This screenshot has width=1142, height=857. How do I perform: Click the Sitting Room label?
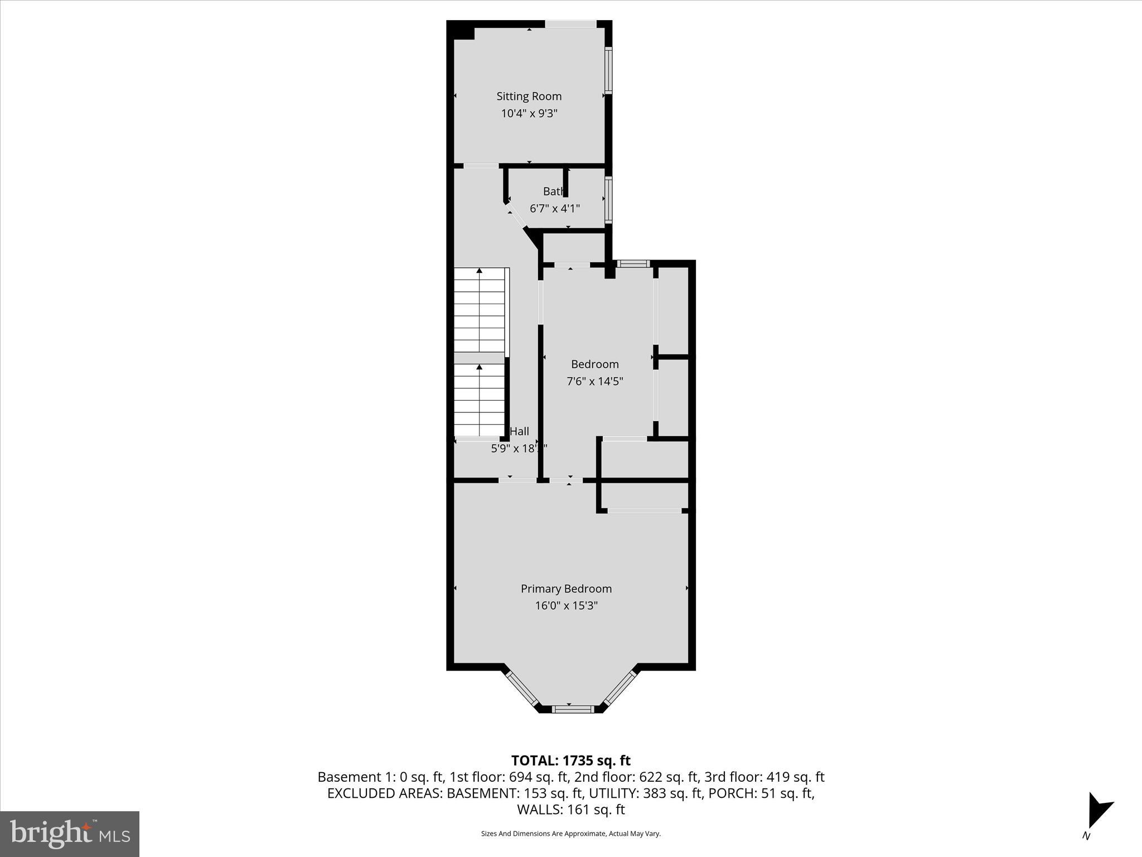coord(529,97)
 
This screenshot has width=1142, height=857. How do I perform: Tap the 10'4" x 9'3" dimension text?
coord(529,114)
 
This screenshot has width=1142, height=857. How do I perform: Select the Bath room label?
coord(553,191)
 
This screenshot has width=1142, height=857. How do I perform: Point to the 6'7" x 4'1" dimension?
coord(554,209)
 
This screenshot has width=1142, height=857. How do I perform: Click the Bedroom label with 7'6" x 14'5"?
coord(594,364)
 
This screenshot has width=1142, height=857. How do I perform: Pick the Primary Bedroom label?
coord(566,589)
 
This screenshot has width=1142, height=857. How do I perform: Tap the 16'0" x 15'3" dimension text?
coord(566,605)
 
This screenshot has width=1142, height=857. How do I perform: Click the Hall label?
coord(519,431)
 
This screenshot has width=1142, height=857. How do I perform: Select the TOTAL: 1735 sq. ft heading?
coord(570,760)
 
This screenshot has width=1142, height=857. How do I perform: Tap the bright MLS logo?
coord(70,834)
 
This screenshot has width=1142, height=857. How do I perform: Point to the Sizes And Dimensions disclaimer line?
coord(570,834)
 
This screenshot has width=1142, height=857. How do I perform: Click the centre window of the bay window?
coord(573,709)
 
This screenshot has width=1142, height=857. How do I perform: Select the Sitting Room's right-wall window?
coord(608,70)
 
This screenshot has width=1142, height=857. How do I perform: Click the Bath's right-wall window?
coord(608,200)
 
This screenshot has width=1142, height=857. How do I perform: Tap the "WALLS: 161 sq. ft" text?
coord(570,810)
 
